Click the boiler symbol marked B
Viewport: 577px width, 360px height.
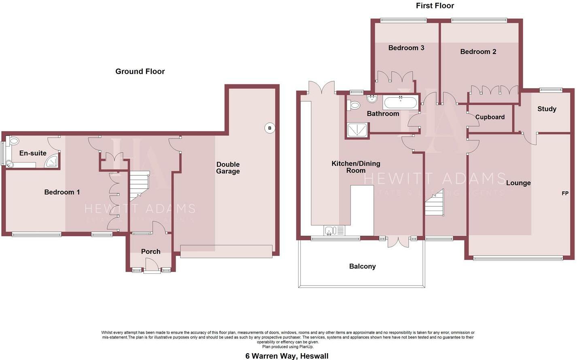270,128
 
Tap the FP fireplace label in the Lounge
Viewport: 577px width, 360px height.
565,193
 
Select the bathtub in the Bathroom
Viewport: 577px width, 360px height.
400,102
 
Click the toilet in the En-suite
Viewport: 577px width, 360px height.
13,141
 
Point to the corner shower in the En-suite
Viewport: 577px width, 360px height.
52,161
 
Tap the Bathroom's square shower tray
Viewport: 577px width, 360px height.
357,130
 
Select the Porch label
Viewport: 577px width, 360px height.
151,251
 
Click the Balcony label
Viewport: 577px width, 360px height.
363,266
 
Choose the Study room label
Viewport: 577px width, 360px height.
547,109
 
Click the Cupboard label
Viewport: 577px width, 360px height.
490,117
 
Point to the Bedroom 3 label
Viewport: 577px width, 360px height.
406,48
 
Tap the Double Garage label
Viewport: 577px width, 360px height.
228,168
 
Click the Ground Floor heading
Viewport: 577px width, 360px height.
140,71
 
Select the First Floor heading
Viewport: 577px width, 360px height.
435,6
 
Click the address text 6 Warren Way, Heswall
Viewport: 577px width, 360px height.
287,356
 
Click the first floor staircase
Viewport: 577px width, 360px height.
434,202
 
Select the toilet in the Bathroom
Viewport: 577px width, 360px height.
353,105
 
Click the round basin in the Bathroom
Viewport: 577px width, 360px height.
372,99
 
